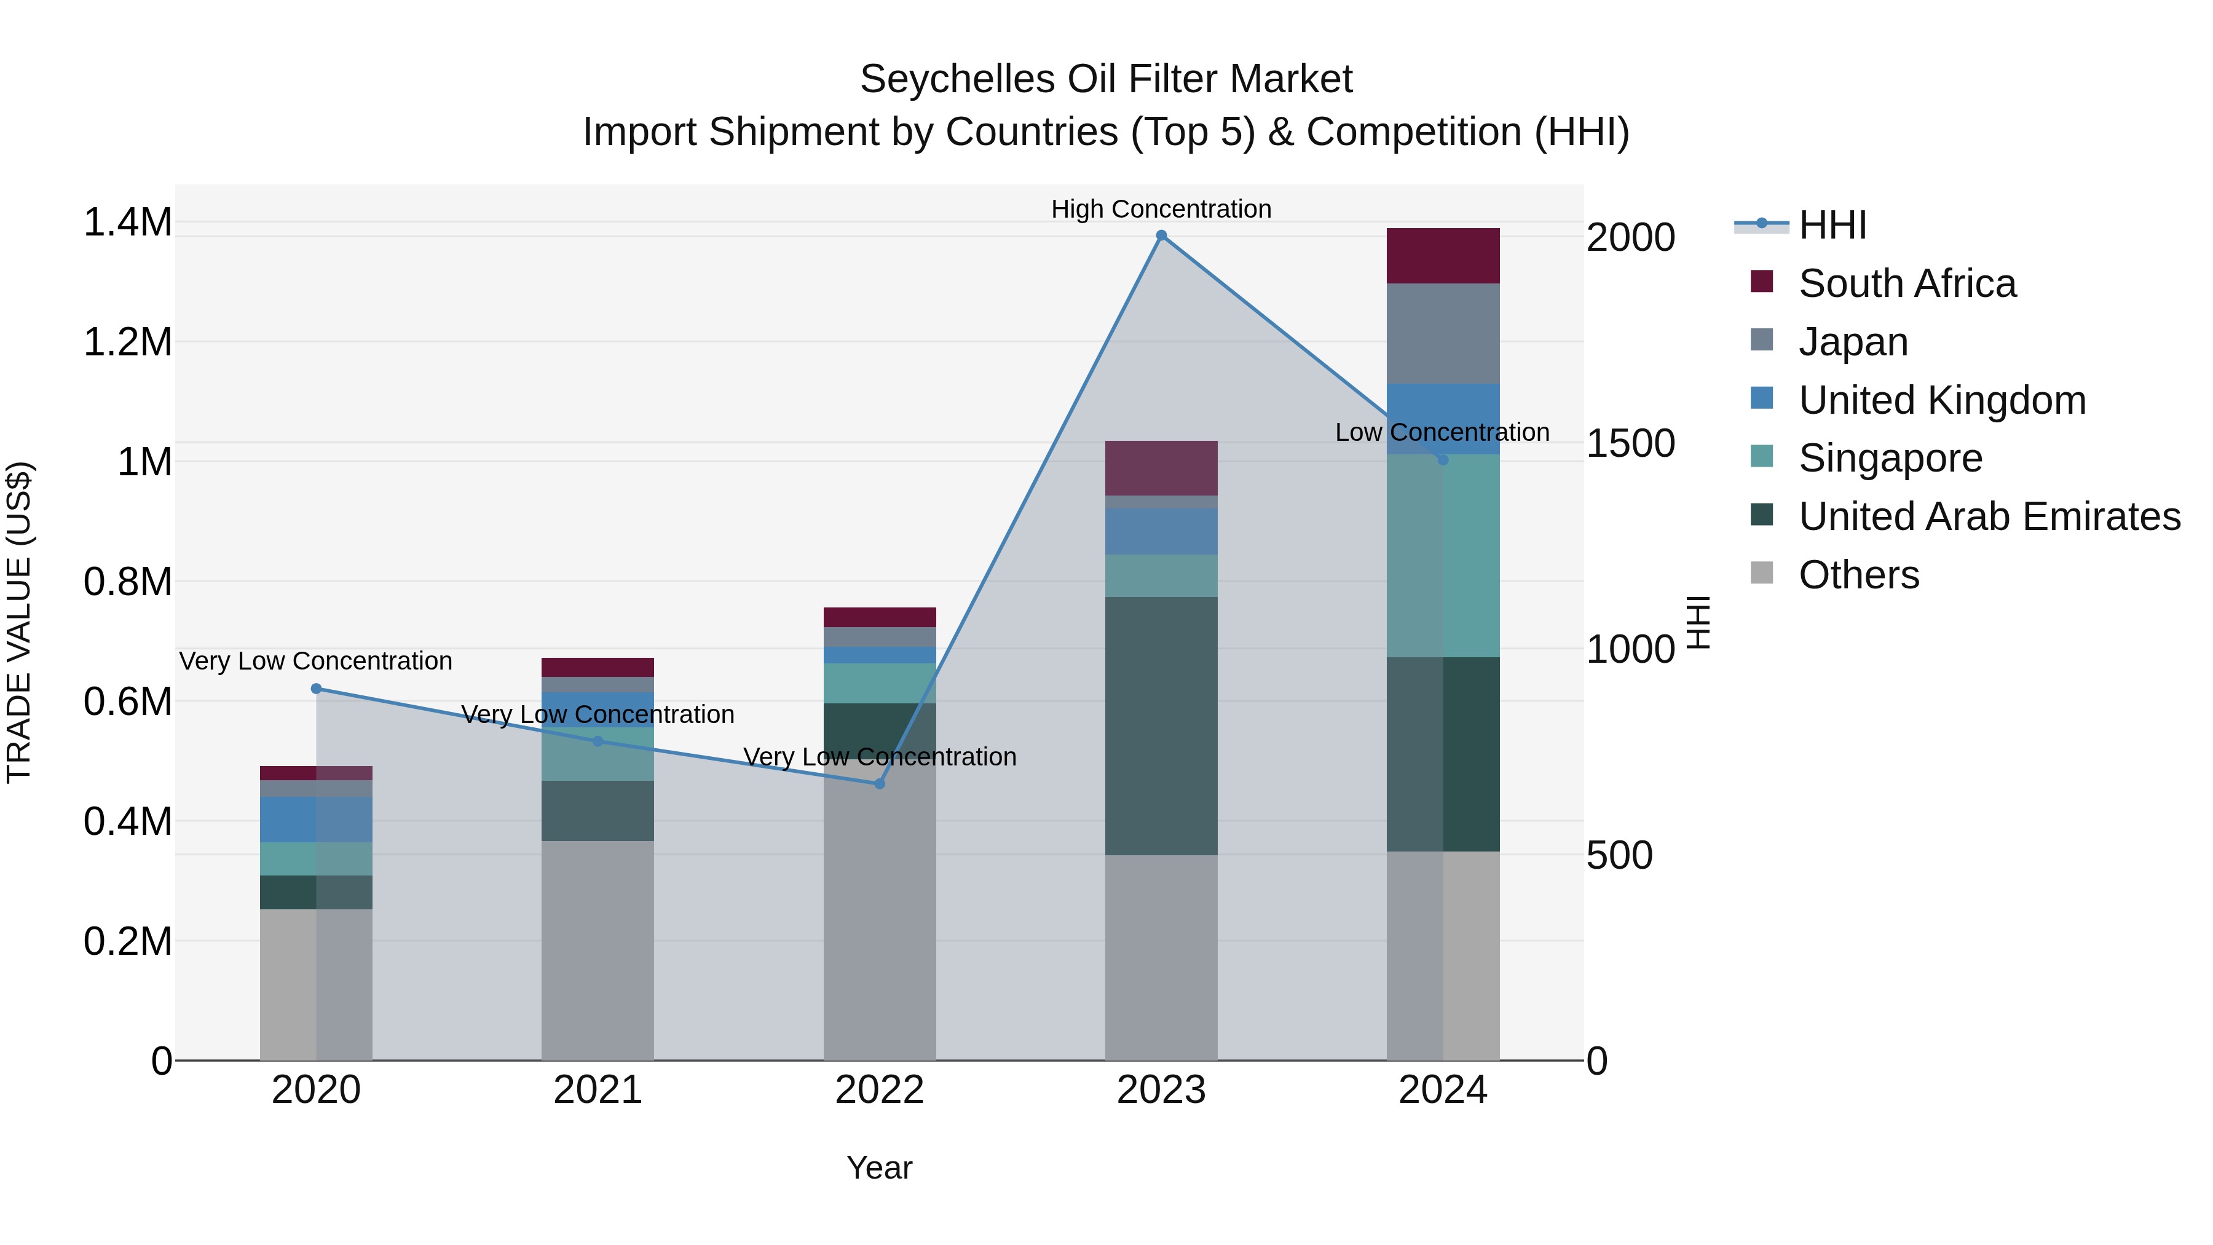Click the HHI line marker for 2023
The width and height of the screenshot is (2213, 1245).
[x=1161, y=235]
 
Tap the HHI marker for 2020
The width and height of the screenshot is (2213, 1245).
[x=316, y=688]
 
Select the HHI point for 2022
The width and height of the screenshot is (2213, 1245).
[x=879, y=784]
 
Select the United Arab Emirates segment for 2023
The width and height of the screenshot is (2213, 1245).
[x=1161, y=725]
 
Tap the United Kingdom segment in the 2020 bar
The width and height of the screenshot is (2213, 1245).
[x=316, y=819]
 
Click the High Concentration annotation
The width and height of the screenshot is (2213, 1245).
[x=1161, y=209]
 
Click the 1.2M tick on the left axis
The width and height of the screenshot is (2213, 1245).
[x=127, y=342]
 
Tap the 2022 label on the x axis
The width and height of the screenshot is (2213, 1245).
[x=879, y=1089]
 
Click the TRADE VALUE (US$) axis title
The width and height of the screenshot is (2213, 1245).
[x=19, y=622]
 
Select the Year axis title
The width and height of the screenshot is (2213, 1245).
[x=879, y=1168]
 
